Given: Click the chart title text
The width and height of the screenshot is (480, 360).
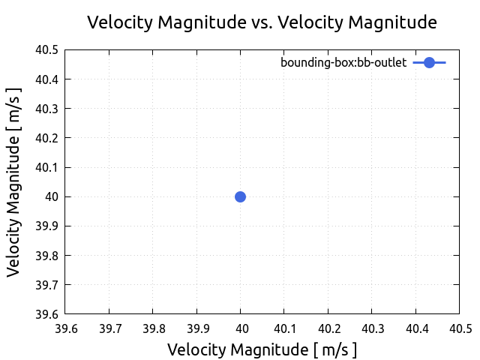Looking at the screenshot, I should pyautogui.click(x=262, y=22).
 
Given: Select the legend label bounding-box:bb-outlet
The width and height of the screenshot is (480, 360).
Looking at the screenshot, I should pyautogui.click(x=343, y=63).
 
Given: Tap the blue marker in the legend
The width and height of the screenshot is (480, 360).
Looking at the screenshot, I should pyautogui.click(x=429, y=63).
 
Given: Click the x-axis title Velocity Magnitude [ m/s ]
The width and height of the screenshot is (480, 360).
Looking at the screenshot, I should pyautogui.click(x=262, y=349).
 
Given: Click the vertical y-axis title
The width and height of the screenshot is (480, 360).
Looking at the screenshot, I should pyautogui.click(x=14, y=181).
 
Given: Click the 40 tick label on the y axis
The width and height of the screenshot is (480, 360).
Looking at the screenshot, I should pyautogui.click(x=52, y=196).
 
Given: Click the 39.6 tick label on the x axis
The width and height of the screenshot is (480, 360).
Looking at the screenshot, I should pyautogui.click(x=65, y=328).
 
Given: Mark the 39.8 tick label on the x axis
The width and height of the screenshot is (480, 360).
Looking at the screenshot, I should pyautogui.click(x=153, y=328).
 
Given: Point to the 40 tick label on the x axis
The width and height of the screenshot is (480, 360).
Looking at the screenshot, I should pyautogui.click(x=241, y=328).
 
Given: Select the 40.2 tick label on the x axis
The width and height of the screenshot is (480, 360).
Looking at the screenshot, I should pyautogui.click(x=328, y=328).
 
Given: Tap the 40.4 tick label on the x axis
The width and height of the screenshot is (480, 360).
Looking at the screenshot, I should pyautogui.click(x=416, y=328).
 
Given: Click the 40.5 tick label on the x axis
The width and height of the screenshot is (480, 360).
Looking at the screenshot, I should pyautogui.click(x=459, y=328).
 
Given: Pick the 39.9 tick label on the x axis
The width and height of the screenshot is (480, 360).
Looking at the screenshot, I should pyautogui.click(x=196, y=328).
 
